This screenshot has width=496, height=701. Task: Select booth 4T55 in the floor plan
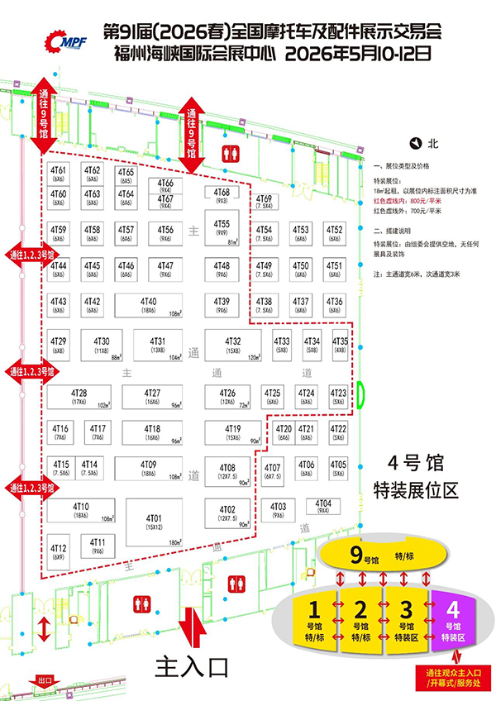[x=222, y=227]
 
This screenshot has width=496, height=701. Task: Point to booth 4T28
[x=79, y=396]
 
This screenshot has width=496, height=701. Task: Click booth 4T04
[x=324, y=506]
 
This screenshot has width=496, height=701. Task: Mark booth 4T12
[x=59, y=551]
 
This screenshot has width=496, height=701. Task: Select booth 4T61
[x=59, y=173]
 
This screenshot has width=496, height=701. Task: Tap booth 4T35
[x=340, y=344]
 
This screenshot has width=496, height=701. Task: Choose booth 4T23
[x=338, y=396]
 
